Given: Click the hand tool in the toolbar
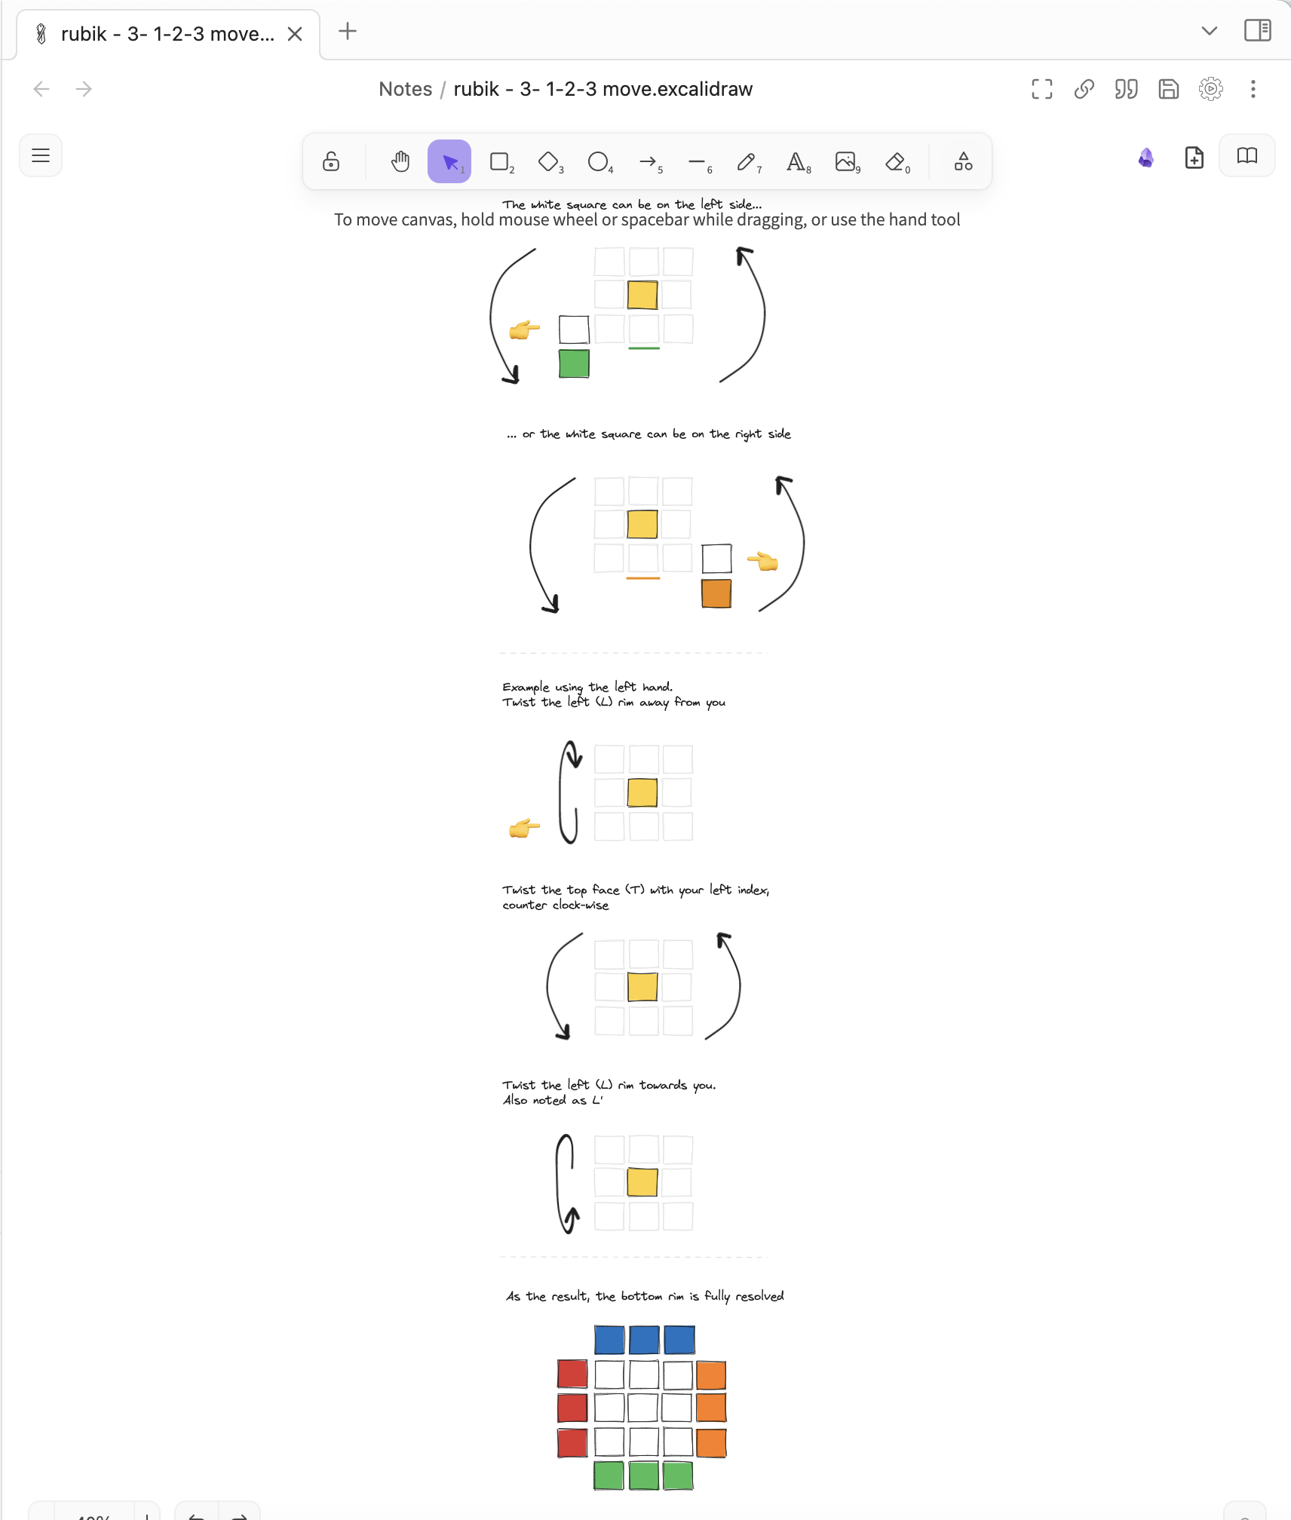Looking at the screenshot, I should pos(400,161).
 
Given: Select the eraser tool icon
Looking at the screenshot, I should pos(895,161).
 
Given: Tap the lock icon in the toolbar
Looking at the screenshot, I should pos(331,161).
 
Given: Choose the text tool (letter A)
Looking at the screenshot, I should pos(796,161).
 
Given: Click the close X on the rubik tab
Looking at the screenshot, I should pos(295,34).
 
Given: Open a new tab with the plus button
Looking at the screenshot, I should pos(348,32).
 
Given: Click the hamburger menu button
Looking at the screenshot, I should pos(41,156).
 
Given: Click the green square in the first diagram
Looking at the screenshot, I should pos(574,364).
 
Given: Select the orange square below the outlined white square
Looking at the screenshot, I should pos(716,593).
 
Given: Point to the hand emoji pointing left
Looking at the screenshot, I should pos(762,561).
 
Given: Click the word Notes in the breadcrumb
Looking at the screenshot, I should pos(405,89).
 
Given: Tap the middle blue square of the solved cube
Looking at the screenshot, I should pos(644,1340).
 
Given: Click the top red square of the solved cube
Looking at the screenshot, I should pos(572,1374).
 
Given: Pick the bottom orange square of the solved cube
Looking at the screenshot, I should pos(711,1442).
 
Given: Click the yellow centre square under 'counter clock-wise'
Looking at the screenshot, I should pos(642,987).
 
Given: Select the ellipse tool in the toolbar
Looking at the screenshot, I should pos(598,161).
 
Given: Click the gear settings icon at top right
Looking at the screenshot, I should pos(1210,89).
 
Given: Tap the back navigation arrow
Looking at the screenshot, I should pos(41,89).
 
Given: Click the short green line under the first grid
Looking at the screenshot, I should pos(644,348).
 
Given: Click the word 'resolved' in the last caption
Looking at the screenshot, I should pos(759,1296).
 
